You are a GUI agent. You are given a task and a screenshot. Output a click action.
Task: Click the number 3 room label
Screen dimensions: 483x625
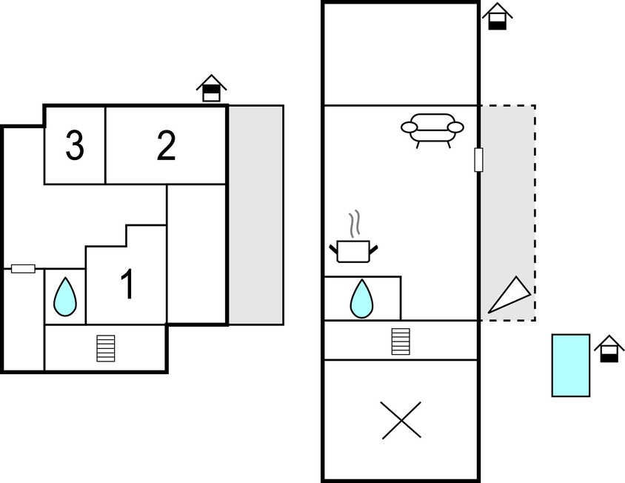click(x=74, y=146)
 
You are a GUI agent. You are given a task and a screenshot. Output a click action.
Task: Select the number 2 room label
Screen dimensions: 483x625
click(x=167, y=146)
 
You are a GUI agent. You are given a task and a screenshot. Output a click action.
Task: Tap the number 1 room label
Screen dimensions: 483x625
click(x=127, y=285)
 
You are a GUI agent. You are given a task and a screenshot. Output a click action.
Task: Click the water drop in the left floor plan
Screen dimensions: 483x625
click(x=65, y=297)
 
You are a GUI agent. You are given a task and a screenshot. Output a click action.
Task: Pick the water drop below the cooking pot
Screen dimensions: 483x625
click(x=361, y=299)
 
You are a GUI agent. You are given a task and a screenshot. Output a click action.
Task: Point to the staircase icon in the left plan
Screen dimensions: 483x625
click(x=106, y=348)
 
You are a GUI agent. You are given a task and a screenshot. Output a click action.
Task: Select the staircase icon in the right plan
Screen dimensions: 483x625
click(x=401, y=341)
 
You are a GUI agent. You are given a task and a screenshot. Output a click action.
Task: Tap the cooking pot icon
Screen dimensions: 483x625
click(x=353, y=251)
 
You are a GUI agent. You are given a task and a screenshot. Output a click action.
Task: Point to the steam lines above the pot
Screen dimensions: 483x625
click(x=355, y=224)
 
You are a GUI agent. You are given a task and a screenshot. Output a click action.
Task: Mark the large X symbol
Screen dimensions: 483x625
click(x=401, y=420)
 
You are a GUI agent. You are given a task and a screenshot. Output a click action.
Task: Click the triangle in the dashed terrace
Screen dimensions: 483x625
click(x=509, y=296)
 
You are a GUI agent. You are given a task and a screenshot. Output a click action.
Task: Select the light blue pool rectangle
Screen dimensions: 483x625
click(x=570, y=365)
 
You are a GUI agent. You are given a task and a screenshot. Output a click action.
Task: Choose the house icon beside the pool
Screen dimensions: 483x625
click(x=609, y=349)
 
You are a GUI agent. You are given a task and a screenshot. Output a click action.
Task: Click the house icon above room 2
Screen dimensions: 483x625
click(x=211, y=88)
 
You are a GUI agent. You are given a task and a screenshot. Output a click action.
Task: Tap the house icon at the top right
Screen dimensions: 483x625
click(x=498, y=16)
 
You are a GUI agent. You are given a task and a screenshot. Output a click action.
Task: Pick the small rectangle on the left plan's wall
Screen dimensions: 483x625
click(x=23, y=268)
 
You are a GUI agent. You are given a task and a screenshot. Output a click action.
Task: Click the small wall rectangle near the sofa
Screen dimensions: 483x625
click(x=478, y=160)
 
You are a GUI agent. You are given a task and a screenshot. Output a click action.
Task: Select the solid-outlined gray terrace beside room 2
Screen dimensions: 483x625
click(x=255, y=215)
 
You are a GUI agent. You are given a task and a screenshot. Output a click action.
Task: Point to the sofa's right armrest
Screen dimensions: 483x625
click(x=455, y=127)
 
